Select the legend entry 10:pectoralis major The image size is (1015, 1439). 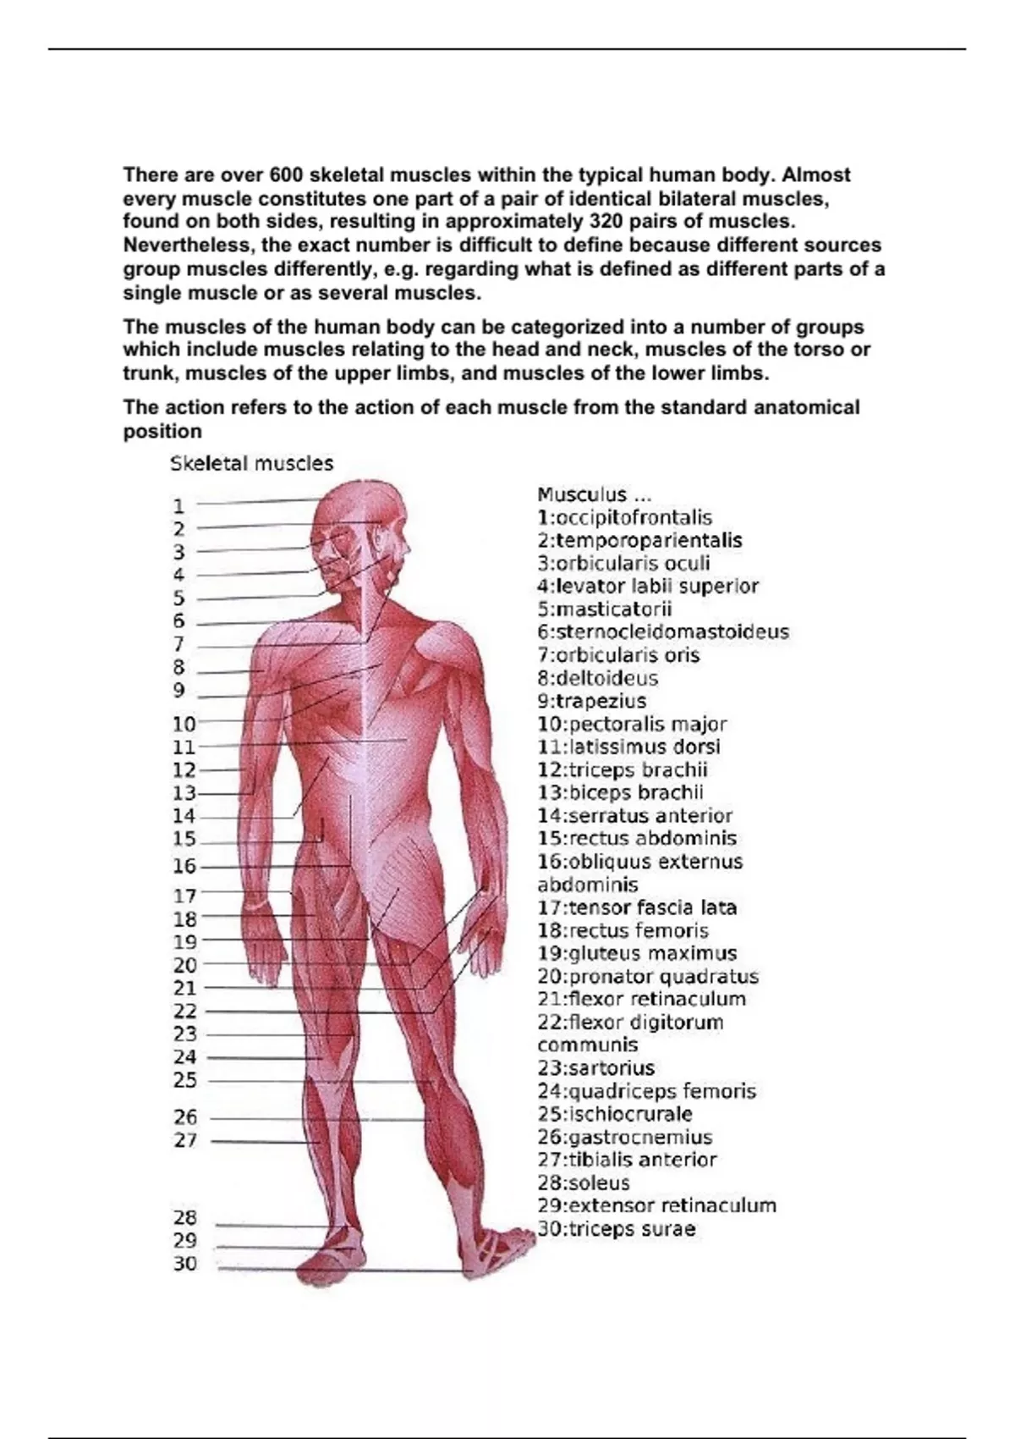pos(632,725)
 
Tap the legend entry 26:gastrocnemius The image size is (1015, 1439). pos(625,1138)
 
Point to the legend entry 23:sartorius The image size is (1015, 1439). pos(595,1068)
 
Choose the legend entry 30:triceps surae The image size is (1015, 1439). pos(617,1229)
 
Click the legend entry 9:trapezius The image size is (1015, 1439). pos(592,702)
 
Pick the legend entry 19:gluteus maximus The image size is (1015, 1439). pos(637,954)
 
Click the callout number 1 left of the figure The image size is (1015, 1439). pos(178,507)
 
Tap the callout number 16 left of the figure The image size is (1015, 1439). pos(184,867)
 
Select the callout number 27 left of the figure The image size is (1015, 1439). pos(185,1141)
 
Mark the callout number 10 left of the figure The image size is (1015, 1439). pos(184,725)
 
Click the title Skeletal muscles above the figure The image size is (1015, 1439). pos(252,464)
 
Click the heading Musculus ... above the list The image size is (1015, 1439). pos(594,495)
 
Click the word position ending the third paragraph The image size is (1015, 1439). pos(162,432)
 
